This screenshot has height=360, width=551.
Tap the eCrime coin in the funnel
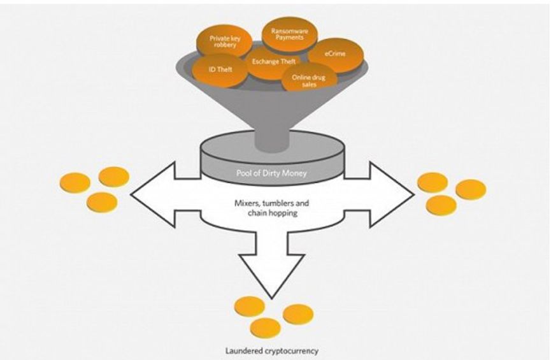(335, 55)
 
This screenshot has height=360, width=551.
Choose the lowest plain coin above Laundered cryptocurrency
(266, 328)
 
